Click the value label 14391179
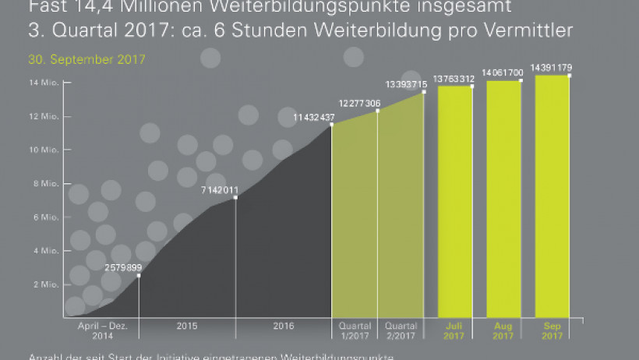552,67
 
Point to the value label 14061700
503,72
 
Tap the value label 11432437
314,118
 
